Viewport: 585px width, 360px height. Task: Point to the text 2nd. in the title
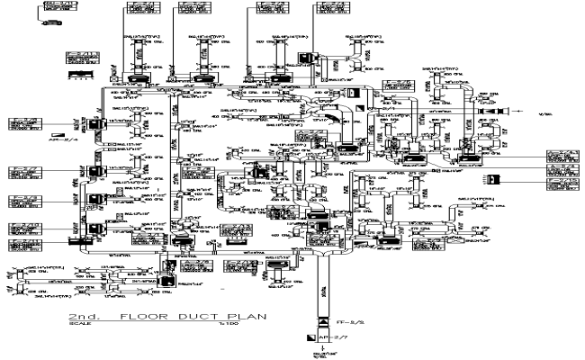coord(88,319)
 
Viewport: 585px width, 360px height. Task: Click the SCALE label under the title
coord(77,327)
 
